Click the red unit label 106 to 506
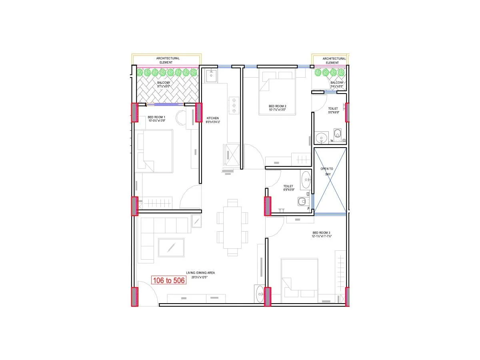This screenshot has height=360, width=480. [x=168, y=280]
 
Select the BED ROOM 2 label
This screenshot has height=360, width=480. [x=277, y=108]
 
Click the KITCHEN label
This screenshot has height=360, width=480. [x=212, y=120]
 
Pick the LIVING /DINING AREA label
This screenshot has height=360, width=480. [x=200, y=274]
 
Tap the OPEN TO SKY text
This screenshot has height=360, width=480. [x=327, y=171]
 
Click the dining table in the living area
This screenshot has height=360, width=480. [x=232, y=227]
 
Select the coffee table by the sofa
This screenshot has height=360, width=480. [x=171, y=248]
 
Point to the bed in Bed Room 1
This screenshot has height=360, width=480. [x=155, y=151]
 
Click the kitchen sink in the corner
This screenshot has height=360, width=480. [x=211, y=75]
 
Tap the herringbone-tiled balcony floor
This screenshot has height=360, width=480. [x=168, y=90]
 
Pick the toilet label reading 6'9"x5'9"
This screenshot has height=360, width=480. [x=288, y=188]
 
